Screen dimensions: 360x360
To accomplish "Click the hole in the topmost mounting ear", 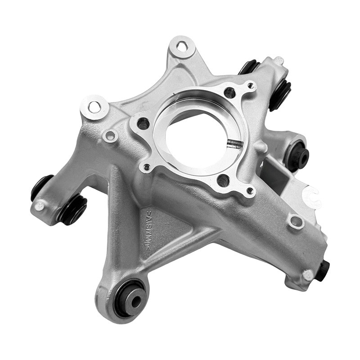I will (x=182, y=46).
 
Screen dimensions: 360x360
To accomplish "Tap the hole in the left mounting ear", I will (x=94, y=107).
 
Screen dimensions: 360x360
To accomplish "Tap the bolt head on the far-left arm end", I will (x=40, y=206).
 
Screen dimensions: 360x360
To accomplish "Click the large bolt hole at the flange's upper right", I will (x=229, y=93).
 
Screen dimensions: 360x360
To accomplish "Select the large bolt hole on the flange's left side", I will (x=144, y=123).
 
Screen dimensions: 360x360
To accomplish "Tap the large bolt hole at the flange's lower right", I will (x=223, y=180).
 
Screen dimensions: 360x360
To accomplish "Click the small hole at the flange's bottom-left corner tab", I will (x=147, y=167).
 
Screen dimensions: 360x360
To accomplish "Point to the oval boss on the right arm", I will (x=296, y=221).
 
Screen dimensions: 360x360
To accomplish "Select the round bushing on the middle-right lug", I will (x=297, y=156).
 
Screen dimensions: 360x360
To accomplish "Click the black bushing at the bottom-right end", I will (x=323, y=270).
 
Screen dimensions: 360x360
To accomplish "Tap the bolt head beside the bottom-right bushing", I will (x=308, y=274).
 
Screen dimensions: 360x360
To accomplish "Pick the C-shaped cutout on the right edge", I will (x=312, y=197).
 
